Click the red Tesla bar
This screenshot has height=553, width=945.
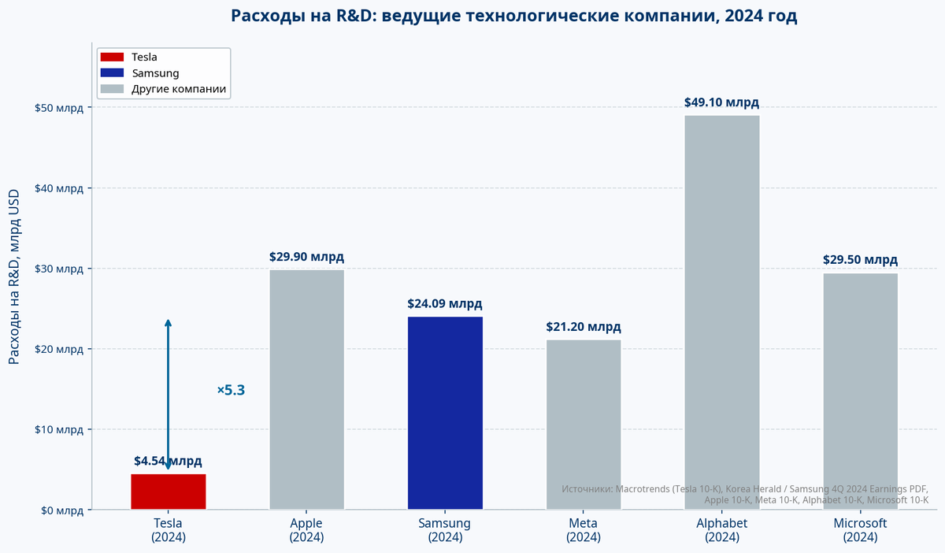click(x=168, y=492)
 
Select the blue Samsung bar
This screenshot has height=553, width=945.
click(x=445, y=413)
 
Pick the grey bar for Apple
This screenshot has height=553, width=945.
click(x=306, y=390)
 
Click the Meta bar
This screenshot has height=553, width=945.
click(x=583, y=425)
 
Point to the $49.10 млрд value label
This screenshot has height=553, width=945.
click(x=721, y=102)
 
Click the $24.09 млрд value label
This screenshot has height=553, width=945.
click(x=445, y=303)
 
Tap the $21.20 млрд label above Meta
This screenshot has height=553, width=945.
click(x=583, y=327)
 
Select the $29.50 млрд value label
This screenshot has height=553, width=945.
click(x=860, y=259)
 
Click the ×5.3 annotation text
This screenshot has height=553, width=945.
click(x=232, y=390)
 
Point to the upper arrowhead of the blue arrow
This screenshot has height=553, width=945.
click(x=168, y=322)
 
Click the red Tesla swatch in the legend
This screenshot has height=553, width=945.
click(x=113, y=57)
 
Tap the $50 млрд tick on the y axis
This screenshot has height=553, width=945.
click(x=59, y=108)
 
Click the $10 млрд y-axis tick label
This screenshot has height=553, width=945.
click(x=59, y=429)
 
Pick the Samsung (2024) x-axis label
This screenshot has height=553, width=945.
click(x=445, y=530)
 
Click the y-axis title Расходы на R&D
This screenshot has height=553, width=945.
click(x=14, y=276)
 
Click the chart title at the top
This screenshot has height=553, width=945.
click(x=513, y=16)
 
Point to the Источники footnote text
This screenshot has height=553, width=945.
click(x=744, y=494)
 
